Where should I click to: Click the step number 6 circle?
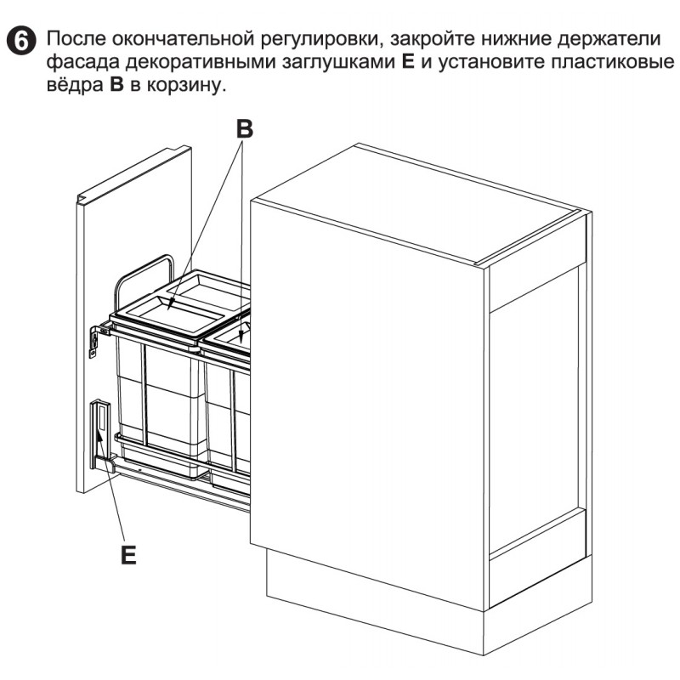click(x=20, y=41)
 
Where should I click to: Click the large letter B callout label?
click(x=245, y=129)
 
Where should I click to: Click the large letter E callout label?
click(x=128, y=554)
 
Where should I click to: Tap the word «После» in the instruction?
click(x=76, y=39)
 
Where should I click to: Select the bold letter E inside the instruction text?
click(x=408, y=61)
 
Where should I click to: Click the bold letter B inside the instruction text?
click(x=116, y=84)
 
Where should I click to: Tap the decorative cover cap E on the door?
click(x=100, y=434)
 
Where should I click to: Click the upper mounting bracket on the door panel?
click(x=97, y=341)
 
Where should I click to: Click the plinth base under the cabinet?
click(x=429, y=607)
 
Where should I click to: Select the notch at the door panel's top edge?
click(x=82, y=199)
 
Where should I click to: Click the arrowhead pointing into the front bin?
click(x=171, y=305)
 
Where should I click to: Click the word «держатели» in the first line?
click(x=609, y=40)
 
